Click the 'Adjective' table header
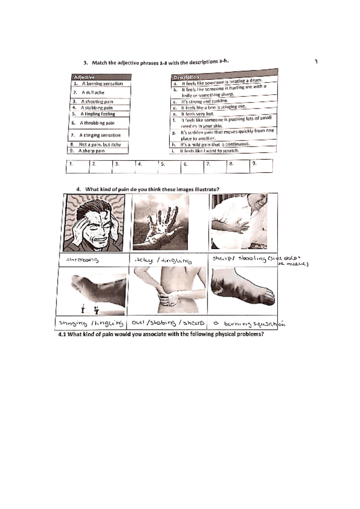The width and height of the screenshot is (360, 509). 85,77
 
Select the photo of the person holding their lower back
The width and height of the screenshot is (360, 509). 169,294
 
